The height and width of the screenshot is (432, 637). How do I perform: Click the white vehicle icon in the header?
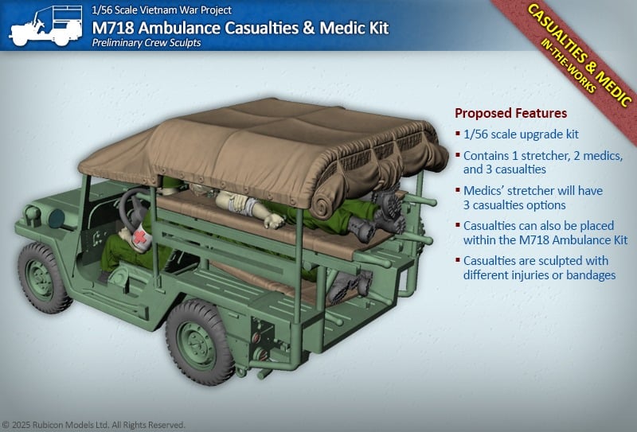tap(45, 26)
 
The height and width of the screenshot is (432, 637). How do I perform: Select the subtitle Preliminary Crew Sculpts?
tap(147, 43)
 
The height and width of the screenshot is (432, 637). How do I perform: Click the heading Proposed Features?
tap(510, 113)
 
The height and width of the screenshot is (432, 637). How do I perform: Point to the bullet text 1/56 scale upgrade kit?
tap(521, 134)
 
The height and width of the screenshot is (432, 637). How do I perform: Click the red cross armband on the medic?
tap(140, 238)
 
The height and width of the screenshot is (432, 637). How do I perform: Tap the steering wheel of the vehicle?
tap(133, 210)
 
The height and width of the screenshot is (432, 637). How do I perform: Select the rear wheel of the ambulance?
tap(200, 342)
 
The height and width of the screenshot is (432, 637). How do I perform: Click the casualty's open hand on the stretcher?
tap(274, 220)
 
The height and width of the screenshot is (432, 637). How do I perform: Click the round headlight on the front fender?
tap(56, 218)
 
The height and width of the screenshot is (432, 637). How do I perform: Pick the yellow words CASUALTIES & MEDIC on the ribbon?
tap(579, 54)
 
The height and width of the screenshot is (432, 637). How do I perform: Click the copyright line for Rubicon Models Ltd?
tap(93, 425)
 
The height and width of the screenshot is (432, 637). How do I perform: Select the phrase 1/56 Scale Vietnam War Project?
tap(162, 10)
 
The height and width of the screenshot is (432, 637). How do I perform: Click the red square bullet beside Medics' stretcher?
tap(458, 189)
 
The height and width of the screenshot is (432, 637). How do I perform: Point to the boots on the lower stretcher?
tap(350, 286)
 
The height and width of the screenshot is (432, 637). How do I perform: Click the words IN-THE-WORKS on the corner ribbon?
tap(569, 66)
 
